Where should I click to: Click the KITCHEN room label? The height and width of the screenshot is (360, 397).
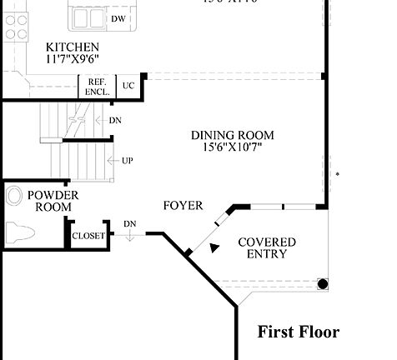(x=73, y=47)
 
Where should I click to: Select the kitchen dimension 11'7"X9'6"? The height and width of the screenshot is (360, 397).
(x=73, y=60)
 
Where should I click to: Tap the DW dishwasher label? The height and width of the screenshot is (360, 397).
(x=118, y=18)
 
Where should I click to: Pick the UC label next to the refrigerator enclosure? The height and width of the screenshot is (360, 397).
(x=128, y=86)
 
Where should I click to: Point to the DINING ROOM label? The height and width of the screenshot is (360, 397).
(x=232, y=135)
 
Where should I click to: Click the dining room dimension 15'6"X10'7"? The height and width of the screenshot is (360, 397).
(x=232, y=147)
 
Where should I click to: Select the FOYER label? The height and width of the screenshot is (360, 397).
(x=183, y=205)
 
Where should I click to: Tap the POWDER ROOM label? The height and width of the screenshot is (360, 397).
(x=53, y=201)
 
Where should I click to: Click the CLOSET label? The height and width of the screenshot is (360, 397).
(x=88, y=236)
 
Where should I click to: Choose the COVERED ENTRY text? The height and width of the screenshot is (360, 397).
(x=266, y=247)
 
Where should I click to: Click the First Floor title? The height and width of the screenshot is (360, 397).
(x=298, y=332)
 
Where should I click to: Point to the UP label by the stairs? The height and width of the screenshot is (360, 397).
(x=127, y=160)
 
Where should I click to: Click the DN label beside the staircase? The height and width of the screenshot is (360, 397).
(x=115, y=120)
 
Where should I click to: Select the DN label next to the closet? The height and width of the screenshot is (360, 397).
(x=130, y=224)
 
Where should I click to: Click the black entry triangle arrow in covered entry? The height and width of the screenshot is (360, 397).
(x=215, y=247)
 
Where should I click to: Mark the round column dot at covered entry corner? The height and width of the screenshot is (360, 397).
(x=323, y=284)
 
